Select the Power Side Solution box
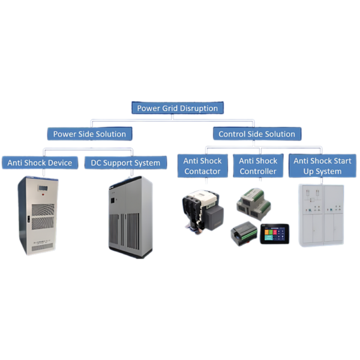pos(89,134)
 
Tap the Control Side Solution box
pos(257,134)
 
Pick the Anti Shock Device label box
pos(40,163)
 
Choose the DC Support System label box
pos(125,163)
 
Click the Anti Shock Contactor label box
pos(202,166)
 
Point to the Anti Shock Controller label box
pos(258,166)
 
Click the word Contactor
pos(202,172)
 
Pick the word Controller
pos(258,172)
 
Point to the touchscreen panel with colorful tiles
pos(274,234)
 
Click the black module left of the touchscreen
pos(244,232)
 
